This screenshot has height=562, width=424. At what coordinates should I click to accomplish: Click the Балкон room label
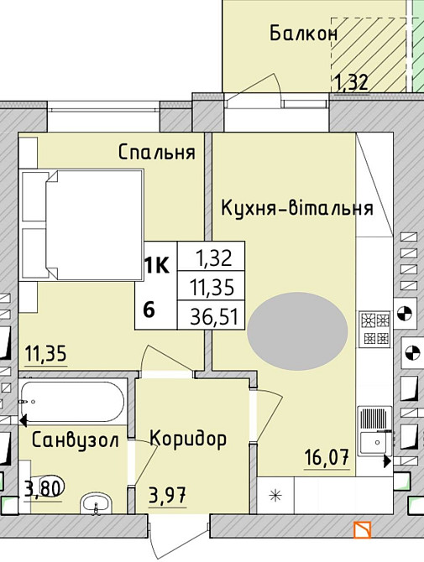[x=303, y=34]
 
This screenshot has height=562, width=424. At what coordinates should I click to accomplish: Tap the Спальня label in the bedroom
[x=157, y=153]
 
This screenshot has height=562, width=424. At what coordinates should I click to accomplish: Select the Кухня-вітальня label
[x=296, y=208]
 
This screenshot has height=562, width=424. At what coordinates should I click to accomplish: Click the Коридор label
[x=188, y=439]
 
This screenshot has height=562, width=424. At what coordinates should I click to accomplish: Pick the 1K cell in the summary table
[x=156, y=267]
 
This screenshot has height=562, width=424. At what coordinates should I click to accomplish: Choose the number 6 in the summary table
[x=149, y=309]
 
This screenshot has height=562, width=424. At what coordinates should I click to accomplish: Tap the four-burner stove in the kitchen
[x=374, y=328]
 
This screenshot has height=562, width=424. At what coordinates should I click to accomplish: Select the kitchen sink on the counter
[x=374, y=429]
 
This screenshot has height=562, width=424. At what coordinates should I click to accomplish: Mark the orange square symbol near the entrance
[x=362, y=530]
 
